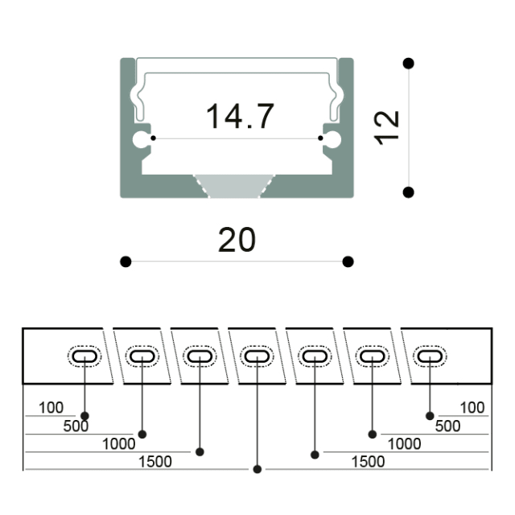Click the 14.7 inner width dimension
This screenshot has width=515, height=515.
240,116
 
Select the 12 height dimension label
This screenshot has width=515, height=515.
386,128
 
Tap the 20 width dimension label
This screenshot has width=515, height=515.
237,240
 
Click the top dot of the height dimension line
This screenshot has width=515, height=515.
408,63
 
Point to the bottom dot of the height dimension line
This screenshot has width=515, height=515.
408,192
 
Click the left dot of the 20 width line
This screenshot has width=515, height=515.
126,262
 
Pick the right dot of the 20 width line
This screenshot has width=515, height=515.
348,262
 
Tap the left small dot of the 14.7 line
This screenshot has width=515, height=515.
153,138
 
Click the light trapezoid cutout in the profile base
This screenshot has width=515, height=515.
234,186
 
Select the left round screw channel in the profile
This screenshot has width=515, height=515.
141,139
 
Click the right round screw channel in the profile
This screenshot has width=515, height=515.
332,139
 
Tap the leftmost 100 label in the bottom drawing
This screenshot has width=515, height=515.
51,408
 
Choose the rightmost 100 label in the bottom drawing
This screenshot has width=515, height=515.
472,408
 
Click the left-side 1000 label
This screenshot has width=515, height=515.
118,444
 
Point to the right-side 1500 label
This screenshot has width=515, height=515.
368,462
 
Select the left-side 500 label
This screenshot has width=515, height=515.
76,426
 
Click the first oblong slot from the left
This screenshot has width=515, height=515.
84,356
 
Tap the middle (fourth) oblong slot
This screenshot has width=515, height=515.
257,356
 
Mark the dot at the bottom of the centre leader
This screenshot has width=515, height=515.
257,469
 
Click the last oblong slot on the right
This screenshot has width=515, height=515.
430,356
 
